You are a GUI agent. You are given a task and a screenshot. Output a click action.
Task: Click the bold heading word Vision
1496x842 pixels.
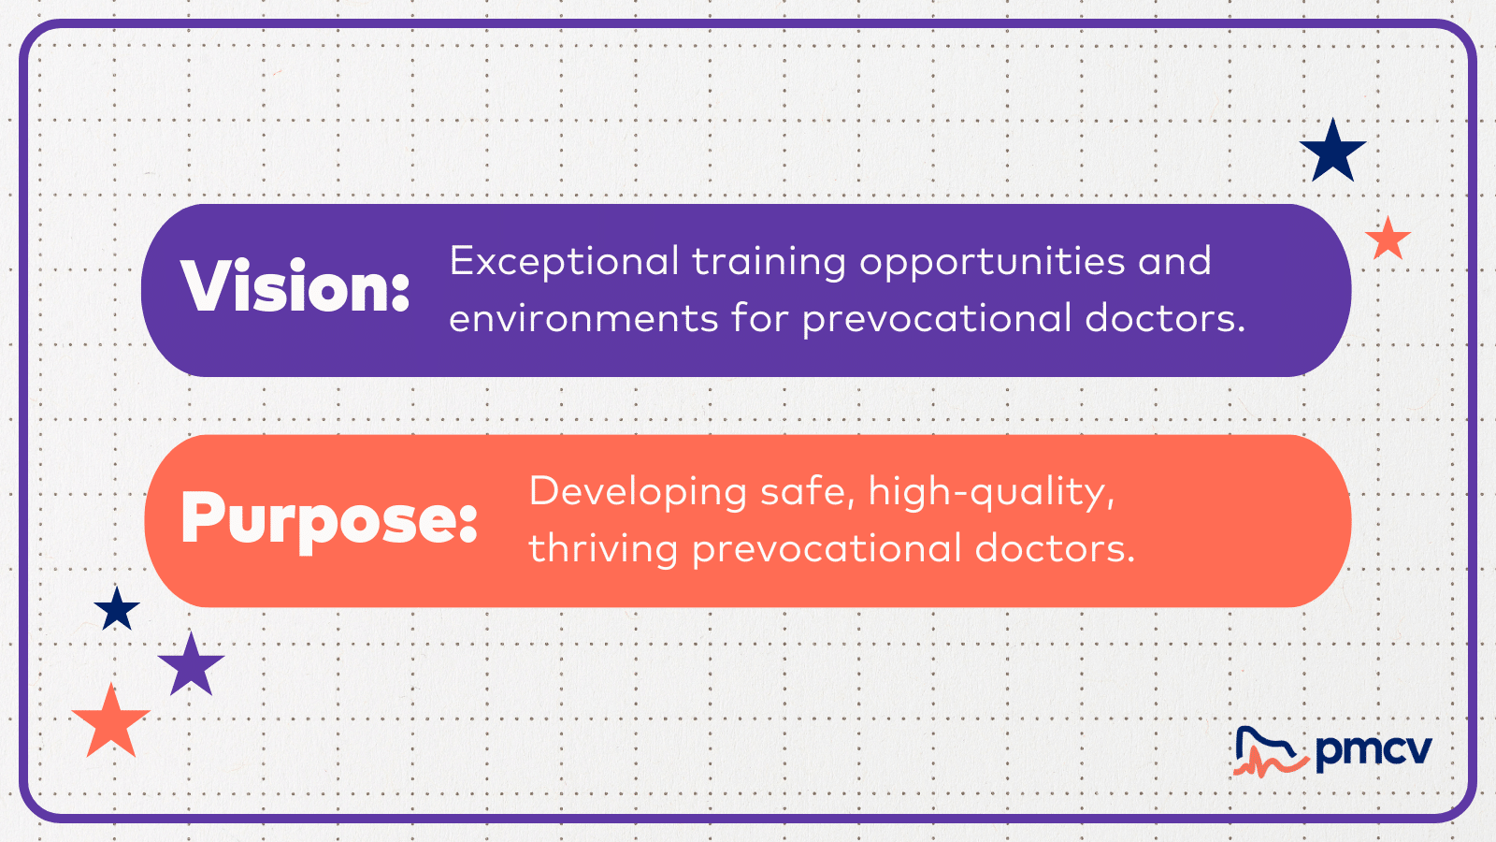click(x=295, y=285)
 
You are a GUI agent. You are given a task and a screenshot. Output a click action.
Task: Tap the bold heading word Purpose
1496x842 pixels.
click(x=329, y=519)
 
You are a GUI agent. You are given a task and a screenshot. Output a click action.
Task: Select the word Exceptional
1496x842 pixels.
click(x=565, y=262)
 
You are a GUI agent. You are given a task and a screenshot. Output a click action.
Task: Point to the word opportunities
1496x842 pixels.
click(x=992, y=262)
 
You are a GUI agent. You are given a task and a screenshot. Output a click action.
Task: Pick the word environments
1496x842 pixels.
click(x=583, y=319)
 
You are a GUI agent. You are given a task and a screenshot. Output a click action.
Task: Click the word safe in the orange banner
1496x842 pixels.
click(x=808, y=492)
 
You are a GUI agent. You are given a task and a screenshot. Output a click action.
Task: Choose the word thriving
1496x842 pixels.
click(x=604, y=550)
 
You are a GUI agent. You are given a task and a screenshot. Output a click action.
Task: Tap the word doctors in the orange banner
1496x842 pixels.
click(x=1056, y=548)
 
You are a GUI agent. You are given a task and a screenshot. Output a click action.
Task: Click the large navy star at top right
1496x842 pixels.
click(x=1333, y=153)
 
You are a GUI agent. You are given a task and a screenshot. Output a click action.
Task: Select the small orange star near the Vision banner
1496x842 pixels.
click(x=1388, y=240)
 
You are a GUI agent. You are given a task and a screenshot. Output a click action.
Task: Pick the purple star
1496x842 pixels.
click(x=191, y=665)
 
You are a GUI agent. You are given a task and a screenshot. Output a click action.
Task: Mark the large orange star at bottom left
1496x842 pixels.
click(x=111, y=723)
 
